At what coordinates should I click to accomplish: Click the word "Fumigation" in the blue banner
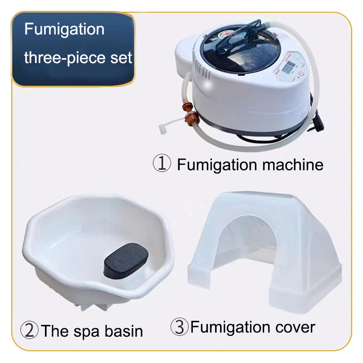click(x=64, y=30)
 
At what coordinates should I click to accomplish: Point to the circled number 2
click(x=30, y=330)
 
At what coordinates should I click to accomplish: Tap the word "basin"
click(x=122, y=331)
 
